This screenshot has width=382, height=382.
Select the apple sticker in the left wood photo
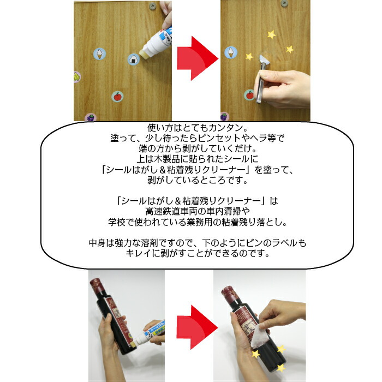pos(116,96)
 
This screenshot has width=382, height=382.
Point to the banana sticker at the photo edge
pos(77,77)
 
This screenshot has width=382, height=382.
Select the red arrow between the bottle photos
pos(193,328)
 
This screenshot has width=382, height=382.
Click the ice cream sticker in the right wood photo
pos(231,53)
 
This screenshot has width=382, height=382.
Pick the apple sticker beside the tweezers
pos(249,94)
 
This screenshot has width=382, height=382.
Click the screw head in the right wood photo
pos(284,4)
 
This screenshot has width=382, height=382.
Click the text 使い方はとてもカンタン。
pos(190,128)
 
